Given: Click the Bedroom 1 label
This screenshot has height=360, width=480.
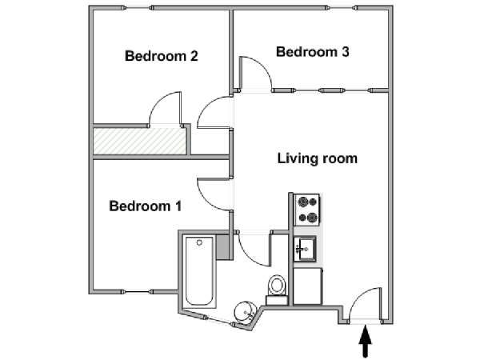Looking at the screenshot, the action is pyautogui.click(x=146, y=206).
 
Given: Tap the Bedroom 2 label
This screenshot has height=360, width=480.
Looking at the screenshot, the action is pyautogui.click(x=162, y=56).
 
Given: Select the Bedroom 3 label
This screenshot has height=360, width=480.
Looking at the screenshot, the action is pyautogui.click(x=313, y=52).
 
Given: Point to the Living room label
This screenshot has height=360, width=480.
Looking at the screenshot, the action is pyautogui.click(x=317, y=158).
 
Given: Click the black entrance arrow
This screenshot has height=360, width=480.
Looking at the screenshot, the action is pyautogui.click(x=366, y=342).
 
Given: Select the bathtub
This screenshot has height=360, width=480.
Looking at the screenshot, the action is pyautogui.click(x=199, y=271).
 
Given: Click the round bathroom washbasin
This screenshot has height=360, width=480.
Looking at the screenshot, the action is pyautogui.click(x=245, y=312).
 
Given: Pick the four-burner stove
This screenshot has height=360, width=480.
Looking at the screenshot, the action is pyautogui.click(x=307, y=210).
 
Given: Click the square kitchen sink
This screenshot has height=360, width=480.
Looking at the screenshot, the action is pyautogui.click(x=305, y=249).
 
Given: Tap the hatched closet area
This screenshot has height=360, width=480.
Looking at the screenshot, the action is pyautogui.click(x=139, y=141).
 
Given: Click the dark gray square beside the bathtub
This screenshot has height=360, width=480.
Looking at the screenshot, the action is pyautogui.click(x=222, y=247).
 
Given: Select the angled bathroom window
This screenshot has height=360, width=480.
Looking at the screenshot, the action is pyautogui.click(x=218, y=320).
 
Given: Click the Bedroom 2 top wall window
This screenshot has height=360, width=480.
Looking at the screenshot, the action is pyautogui.click(x=138, y=8).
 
